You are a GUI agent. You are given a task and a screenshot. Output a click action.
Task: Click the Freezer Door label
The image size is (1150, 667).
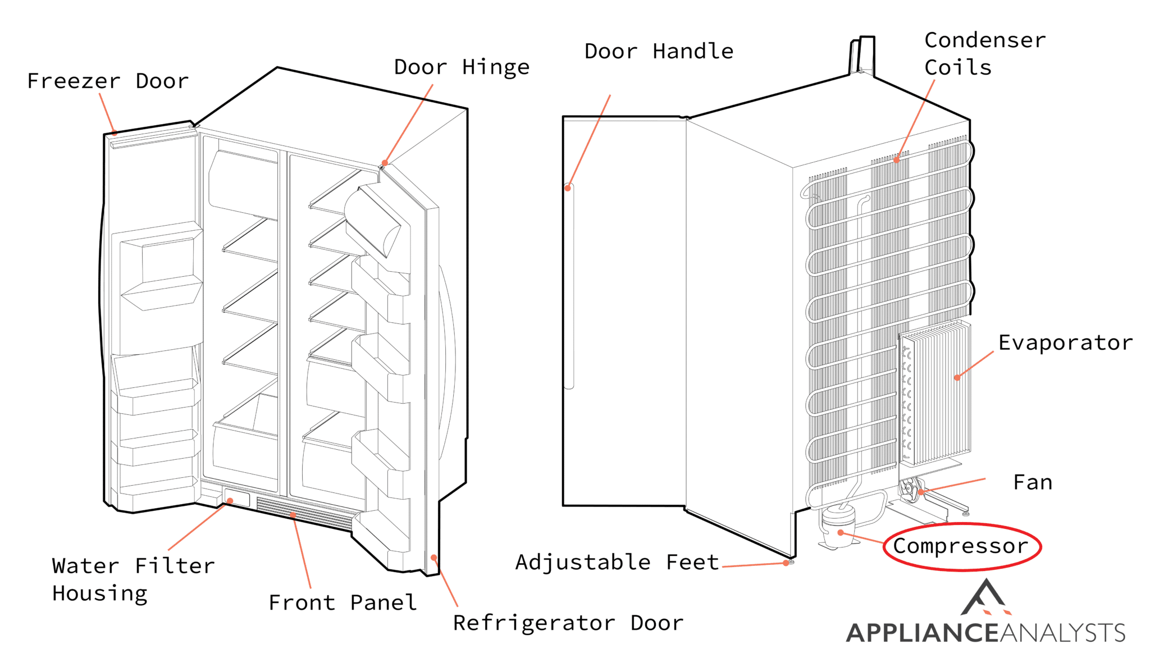108,81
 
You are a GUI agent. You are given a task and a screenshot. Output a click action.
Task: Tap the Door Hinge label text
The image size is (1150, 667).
462,67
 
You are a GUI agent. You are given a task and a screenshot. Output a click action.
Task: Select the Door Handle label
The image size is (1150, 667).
659,52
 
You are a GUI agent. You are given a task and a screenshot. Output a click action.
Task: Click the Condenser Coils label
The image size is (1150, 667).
985,54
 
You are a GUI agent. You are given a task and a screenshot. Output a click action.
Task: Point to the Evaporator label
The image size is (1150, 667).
1065,343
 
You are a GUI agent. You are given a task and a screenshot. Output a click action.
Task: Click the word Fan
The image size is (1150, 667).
1033,483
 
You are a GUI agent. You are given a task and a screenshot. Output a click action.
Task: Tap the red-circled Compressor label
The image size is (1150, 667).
961,546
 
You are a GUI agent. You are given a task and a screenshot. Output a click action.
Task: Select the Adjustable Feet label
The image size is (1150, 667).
617,562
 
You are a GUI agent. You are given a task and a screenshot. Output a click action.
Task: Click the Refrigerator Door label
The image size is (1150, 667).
568,623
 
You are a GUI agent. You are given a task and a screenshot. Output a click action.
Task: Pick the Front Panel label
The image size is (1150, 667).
343,603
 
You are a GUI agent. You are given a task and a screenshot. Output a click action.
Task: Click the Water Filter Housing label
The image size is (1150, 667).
133,579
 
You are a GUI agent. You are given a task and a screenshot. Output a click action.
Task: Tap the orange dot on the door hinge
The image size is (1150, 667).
385,163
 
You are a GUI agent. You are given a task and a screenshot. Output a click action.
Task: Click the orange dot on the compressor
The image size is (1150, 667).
841,532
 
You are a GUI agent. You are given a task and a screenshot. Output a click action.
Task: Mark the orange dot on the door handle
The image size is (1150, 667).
568,188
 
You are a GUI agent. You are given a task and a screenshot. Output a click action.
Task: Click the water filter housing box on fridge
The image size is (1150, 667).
236,497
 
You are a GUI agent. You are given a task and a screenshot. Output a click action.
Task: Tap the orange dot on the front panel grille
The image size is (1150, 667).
293,514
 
